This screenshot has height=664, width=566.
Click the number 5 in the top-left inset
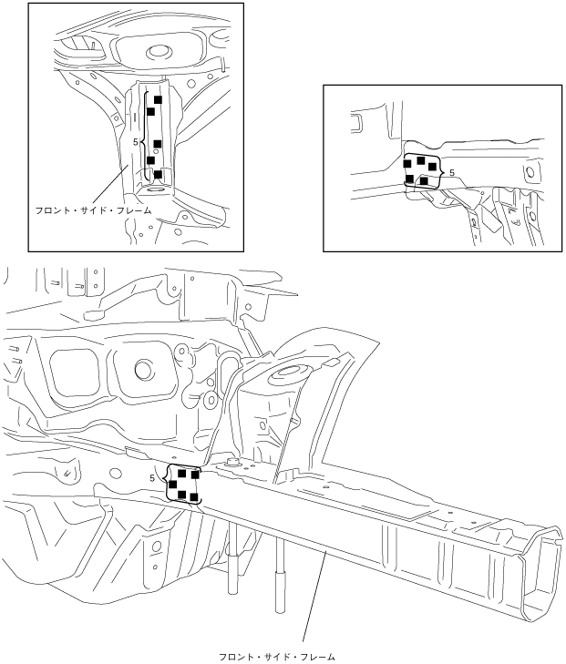(136, 142)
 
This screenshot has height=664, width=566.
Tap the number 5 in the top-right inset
(452, 173)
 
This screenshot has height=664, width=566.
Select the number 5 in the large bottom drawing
(152, 478)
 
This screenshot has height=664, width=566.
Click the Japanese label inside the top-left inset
(93, 210)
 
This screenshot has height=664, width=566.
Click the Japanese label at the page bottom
(277, 658)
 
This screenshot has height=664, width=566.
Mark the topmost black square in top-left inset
(158, 99)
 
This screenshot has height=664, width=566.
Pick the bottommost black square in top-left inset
(158, 174)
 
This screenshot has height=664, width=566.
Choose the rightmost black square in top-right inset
(432, 167)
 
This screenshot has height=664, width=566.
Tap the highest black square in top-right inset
(421, 160)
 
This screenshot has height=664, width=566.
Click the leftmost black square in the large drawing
(173, 484)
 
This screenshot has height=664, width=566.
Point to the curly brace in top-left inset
(143, 136)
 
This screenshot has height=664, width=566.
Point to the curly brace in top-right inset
(443, 171)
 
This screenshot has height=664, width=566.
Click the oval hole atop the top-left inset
(159, 53)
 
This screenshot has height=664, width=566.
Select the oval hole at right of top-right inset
(530, 172)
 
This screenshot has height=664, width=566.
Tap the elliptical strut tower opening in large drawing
(284, 373)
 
